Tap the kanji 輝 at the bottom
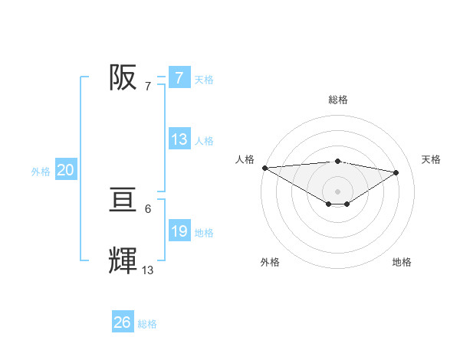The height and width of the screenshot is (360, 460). click(123, 261)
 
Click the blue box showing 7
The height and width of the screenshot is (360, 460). click(179, 77)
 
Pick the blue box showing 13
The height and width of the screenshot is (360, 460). click(179, 139)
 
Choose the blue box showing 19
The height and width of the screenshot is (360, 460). click(179, 231)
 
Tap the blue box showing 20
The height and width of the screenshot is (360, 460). click(65, 171)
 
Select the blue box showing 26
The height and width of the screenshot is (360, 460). click(122, 322)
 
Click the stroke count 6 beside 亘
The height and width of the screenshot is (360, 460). click(148, 208)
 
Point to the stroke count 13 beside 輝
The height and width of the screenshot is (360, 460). click(148, 270)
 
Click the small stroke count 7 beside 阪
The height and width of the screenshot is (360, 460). click(148, 86)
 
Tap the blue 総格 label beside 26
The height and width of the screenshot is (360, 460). click(148, 324)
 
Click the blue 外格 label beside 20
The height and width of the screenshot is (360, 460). click(41, 172)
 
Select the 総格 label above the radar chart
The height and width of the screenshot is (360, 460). click(337, 100)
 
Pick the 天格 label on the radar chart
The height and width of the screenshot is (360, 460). click(432, 159)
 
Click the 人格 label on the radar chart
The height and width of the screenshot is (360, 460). click(245, 159)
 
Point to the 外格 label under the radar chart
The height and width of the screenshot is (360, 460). click(270, 262)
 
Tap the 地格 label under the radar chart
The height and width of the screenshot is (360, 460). click(402, 262)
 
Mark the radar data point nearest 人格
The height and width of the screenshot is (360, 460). click(264, 168)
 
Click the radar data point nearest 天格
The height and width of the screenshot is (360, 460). click(396, 172)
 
